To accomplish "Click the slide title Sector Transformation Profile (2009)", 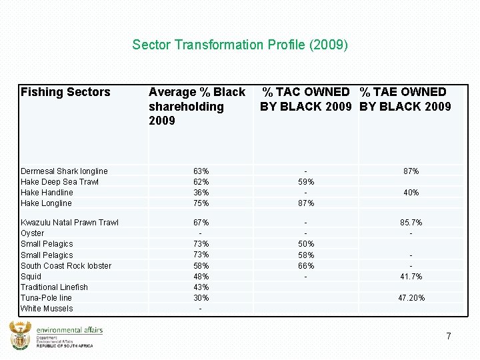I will [x=240, y=45].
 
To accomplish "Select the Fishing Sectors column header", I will [x=65, y=92].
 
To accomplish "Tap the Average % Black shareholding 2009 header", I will [x=197, y=106].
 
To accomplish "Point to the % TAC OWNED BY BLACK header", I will [x=305, y=99].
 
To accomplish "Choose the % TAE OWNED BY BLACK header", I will [x=405, y=99].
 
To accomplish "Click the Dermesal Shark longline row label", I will [x=64, y=171].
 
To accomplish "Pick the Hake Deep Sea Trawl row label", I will [x=59, y=182].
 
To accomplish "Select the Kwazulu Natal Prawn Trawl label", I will [x=69, y=223].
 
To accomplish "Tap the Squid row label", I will [x=31, y=277].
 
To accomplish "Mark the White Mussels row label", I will [x=47, y=309].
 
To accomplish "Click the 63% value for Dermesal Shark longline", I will [x=201, y=171].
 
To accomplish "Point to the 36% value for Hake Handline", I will [x=201, y=193].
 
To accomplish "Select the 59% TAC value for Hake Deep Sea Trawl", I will [x=305, y=182].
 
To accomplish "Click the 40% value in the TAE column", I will [x=411, y=193].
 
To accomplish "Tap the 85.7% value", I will [x=411, y=223].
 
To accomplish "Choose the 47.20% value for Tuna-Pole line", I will [x=411, y=298].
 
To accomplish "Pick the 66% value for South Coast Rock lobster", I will [x=305, y=266].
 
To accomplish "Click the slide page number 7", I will [x=449, y=336].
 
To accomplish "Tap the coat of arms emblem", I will [x=20, y=335].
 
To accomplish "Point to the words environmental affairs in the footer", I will [x=69, y=329].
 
